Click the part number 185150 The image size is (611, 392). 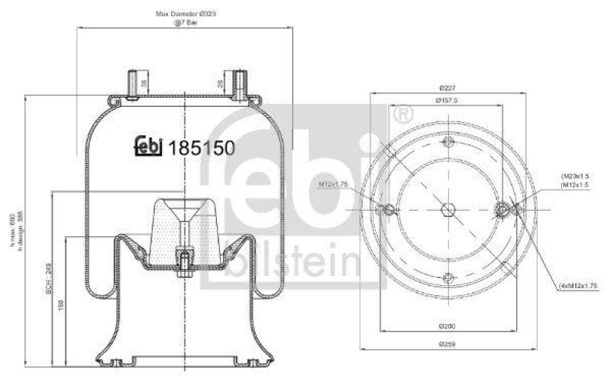tap(201, 146)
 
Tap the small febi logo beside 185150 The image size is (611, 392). tap(149, 145)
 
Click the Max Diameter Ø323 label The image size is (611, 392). tap(184, 15)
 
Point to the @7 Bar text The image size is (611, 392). tap(184, 24)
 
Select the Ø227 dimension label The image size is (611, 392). tap(448, 88)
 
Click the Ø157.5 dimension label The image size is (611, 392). tap(448, 100)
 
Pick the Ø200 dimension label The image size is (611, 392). tap(448, 326)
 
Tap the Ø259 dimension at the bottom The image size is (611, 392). tap(448, 345)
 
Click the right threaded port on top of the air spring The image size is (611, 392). tap(239, 83)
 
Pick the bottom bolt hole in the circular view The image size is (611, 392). tap(448, 278)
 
